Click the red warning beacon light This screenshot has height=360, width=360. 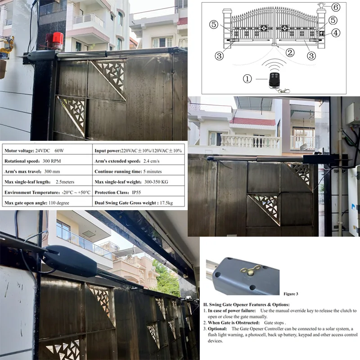[x=54, y=41]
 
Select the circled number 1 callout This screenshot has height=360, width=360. [x=247, y=79]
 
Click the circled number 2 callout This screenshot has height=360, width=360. [x=290, y=53]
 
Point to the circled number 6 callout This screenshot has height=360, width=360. [x=336, y=7]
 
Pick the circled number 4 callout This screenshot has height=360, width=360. [x=336, y=33]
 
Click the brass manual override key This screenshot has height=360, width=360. [x=251, y=270]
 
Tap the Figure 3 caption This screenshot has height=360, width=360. [x=291, y=294]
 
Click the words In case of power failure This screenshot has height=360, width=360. [x=232, y=310]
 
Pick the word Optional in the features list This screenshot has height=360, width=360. [x=217, y=329]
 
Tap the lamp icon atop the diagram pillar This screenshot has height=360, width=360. [x=321, y=5]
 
